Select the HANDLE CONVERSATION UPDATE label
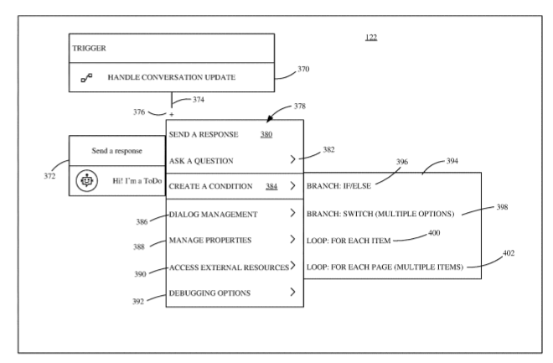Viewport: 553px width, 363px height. click(171, 78)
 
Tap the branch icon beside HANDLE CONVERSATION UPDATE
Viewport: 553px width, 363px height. click(85, 79)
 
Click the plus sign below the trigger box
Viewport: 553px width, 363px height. click(172, 113)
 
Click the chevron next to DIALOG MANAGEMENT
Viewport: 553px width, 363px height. click(291, 215)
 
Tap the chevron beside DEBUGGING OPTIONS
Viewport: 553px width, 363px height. click(291, 293)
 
